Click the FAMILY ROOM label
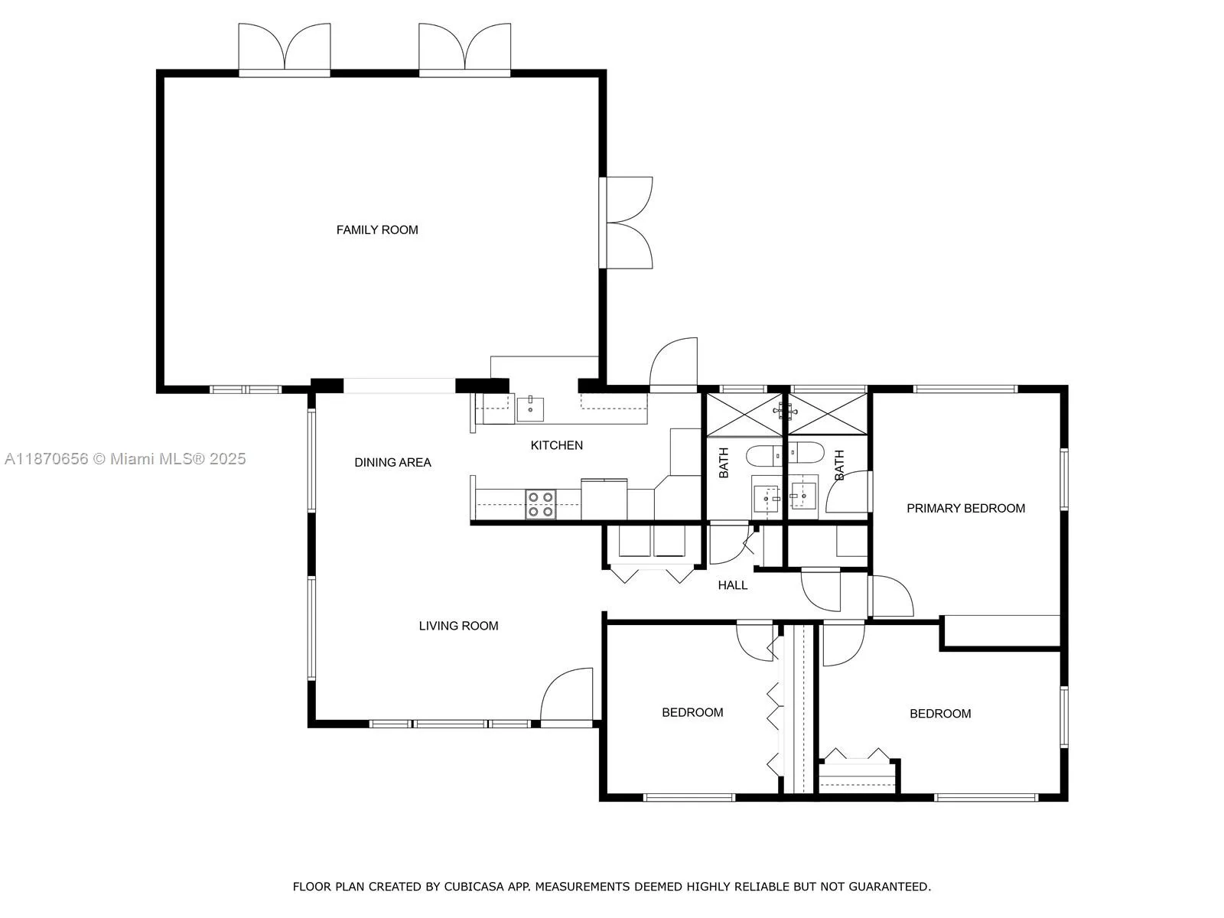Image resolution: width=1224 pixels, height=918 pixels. point(377,229)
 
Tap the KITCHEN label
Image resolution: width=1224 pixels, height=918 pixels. point(556,445)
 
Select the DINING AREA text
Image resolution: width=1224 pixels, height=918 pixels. point(392,462)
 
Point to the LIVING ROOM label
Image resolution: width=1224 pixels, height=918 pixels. point(458,626)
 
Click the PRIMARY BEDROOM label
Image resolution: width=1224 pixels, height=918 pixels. point(965,508)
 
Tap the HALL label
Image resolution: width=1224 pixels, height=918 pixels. point(732,585)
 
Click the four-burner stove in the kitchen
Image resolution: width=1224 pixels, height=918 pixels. point(540,504)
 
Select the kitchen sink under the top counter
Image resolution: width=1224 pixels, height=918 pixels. point(530,409)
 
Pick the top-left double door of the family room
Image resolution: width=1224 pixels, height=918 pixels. point(285,48)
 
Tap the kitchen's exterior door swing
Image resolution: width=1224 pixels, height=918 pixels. point(674,363)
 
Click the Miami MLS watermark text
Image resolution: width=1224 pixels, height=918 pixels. point(125,459)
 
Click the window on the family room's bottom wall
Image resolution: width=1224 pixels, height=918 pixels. point(246,389)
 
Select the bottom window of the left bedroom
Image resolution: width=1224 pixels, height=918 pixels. point(688,797)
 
